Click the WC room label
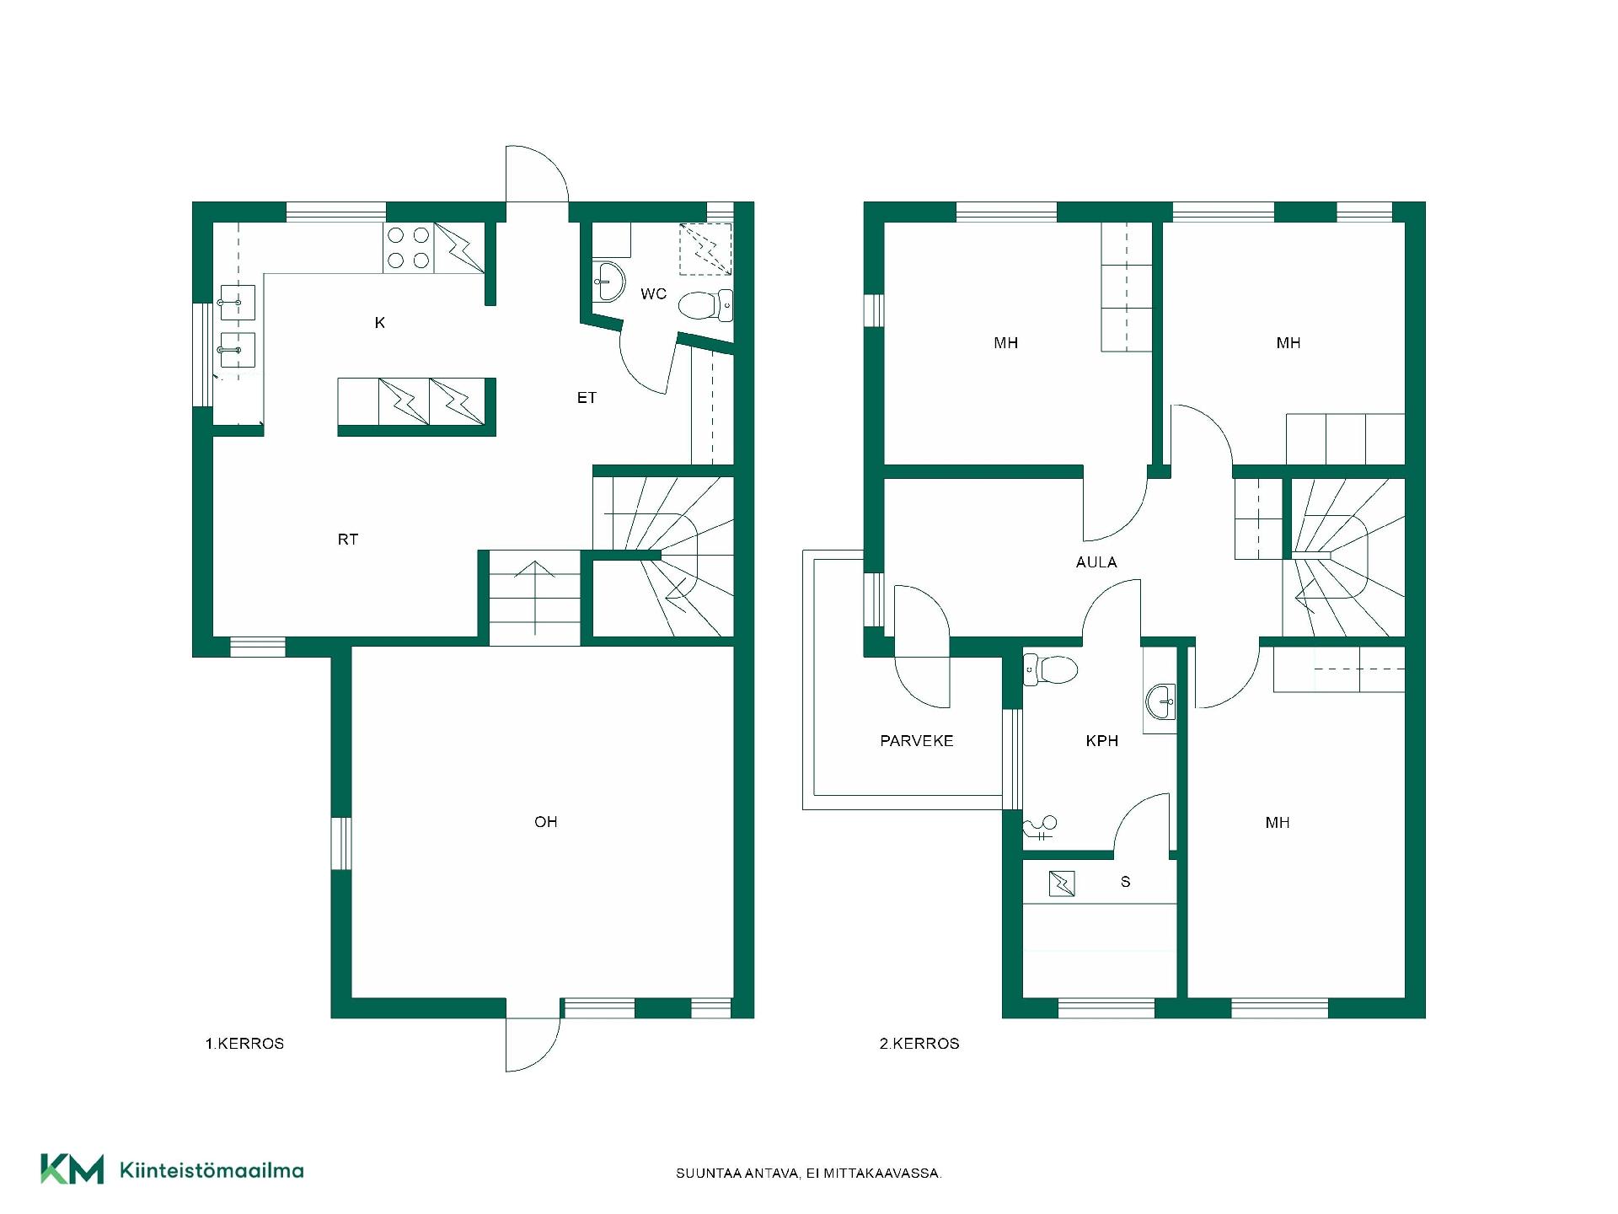(x=653, y=294)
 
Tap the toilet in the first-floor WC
(x=705, y=306)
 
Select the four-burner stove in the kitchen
(x=409, y=248)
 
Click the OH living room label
(x=546, y=822)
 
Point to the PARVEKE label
(x=917, y=741)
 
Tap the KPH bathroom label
(x=1102, y=741)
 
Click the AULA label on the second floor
(x=1096, y=562)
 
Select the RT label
(x=348, y=540)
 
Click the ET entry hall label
(x=587, y=398)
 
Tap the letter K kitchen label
(x=380, y=323)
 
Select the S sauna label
(x=1126, y=882)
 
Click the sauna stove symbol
(x=1062, y=884)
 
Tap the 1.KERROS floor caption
(x=244, y=1044)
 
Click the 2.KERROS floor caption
(x=919, y=1044)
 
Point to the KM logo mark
(x=72, y=1169)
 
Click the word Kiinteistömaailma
(x=212, y=1170)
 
